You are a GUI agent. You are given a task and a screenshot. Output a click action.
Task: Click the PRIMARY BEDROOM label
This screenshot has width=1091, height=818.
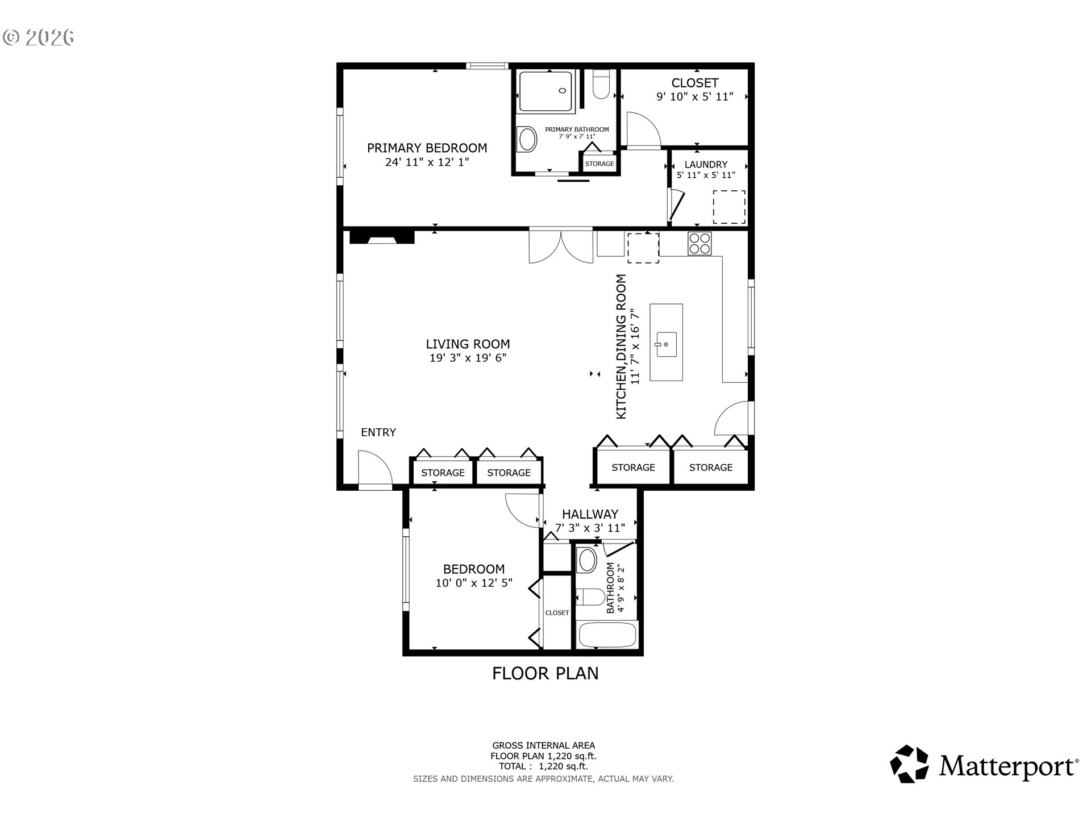pos(427,148)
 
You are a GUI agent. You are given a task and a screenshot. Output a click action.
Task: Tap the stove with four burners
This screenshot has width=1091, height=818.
pos(699,244)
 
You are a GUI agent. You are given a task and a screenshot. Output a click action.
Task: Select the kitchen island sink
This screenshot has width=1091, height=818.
pos(667,344)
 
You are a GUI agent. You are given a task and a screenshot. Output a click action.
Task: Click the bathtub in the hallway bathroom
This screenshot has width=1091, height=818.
pos(606,635)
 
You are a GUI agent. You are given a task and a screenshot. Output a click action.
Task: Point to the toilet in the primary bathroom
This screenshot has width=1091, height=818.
pos(601,84)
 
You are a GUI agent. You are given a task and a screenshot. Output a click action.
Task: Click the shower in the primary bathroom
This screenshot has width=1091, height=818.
pos(545,91)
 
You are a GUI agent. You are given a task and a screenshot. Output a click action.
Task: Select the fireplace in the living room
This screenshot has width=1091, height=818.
pos(381,236)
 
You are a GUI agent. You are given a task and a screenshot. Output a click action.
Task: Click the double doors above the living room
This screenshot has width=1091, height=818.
pos(561,245)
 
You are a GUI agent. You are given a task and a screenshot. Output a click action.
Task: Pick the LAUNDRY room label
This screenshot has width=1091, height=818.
pos(706,164)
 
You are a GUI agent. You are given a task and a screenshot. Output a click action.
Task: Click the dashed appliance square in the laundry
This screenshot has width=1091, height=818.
pos(729,207)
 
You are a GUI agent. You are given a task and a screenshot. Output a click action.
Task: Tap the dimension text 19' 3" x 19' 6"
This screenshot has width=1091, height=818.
pos(468,358)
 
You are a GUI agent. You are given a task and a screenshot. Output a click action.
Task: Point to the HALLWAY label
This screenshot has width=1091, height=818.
pos(590,514)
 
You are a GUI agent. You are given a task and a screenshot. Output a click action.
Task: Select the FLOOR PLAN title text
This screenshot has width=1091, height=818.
pos(545,673)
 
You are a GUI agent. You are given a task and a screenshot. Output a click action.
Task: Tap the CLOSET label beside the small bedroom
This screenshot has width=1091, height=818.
pos(557,612)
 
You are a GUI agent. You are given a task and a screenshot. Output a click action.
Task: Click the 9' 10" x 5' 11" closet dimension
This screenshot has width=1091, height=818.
pos(694,97)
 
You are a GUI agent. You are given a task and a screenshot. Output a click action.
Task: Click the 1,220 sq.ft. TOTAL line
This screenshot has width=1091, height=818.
pos(543,766)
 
